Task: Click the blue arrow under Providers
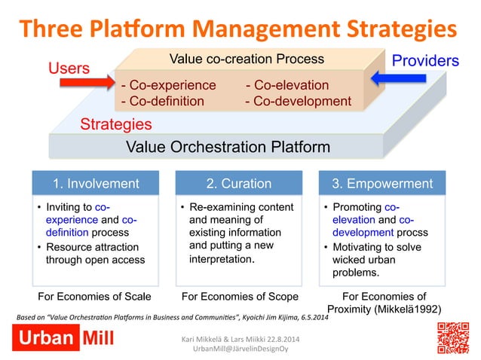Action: click(x=397, y=78)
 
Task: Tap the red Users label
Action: click(x=69, y=69)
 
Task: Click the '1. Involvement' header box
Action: click(x=95, y=183)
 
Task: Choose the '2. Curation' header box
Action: click(x=239, y=183)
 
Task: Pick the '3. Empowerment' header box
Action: click(x=384, y=183)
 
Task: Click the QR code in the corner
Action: click(x=455, y=337)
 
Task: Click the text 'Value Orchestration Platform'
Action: click(x=216, y=146)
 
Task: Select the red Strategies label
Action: click(x=116, y=124)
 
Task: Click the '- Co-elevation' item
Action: click(x=287, y=85)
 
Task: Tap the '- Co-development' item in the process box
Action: click(x=299, y=101)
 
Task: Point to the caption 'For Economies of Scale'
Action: click(x=95, y=295)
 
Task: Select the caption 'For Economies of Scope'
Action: click(x=239, y=295)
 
